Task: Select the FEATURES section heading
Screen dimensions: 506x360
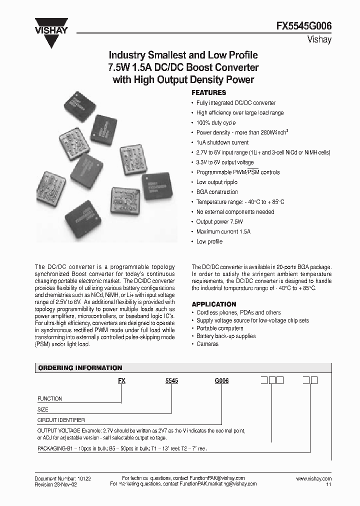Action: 209,93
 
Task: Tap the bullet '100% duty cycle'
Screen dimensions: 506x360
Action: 215,123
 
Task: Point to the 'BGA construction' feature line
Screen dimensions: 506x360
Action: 217,192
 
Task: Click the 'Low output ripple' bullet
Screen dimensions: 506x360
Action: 216,182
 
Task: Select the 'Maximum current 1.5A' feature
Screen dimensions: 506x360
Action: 223,232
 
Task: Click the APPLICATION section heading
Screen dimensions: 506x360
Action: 214,304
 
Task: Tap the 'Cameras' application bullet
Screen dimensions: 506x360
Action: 207,344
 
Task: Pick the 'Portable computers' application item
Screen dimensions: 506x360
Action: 219,328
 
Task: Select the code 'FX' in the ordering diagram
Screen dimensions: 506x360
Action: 121,380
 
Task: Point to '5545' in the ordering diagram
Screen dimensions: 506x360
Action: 171,380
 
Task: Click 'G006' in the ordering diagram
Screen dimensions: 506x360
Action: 221,380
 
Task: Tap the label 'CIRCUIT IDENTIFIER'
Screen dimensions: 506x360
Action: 61,420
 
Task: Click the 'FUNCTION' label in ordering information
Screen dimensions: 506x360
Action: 50,398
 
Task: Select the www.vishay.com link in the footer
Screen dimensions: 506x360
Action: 313,478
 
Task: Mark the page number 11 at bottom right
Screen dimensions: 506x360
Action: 328,484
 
